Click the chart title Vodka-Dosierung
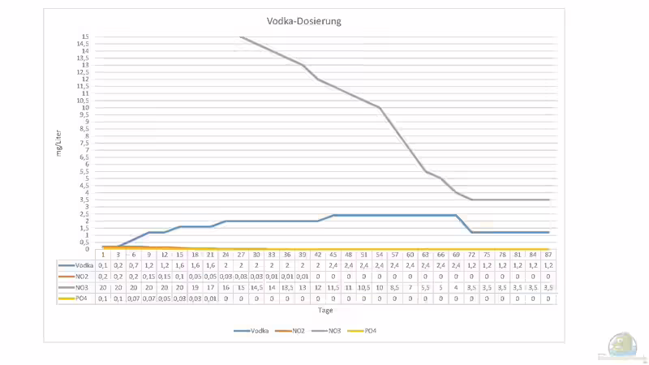pyautogui.click(x=304, y=21)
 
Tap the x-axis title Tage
pyautogui.click(x=324, y=310)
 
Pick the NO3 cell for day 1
pyautogui.click(x=102, y=286)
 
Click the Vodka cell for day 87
pyautogui.click(x=548, y=264)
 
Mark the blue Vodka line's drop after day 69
pyautogui.click(x=464, y=224)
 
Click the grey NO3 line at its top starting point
pyautogui.click(x=241, y=36)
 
